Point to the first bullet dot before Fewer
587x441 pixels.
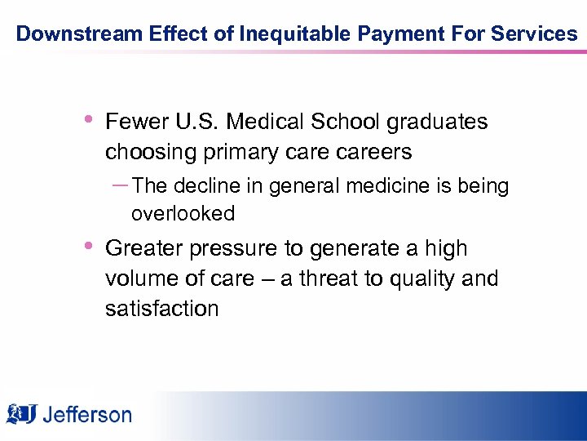[x=86, y=121]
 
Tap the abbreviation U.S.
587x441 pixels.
[x=197, y=122]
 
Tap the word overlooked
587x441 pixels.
[x=183, y=214]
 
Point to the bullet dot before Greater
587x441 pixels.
[x=86, y=247]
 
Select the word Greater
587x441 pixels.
[x=143, y=248]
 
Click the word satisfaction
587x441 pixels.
[x=161, y=309]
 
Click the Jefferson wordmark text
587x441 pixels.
[x=86, y=414]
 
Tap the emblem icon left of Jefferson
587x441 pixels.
[x=22, y=413]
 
